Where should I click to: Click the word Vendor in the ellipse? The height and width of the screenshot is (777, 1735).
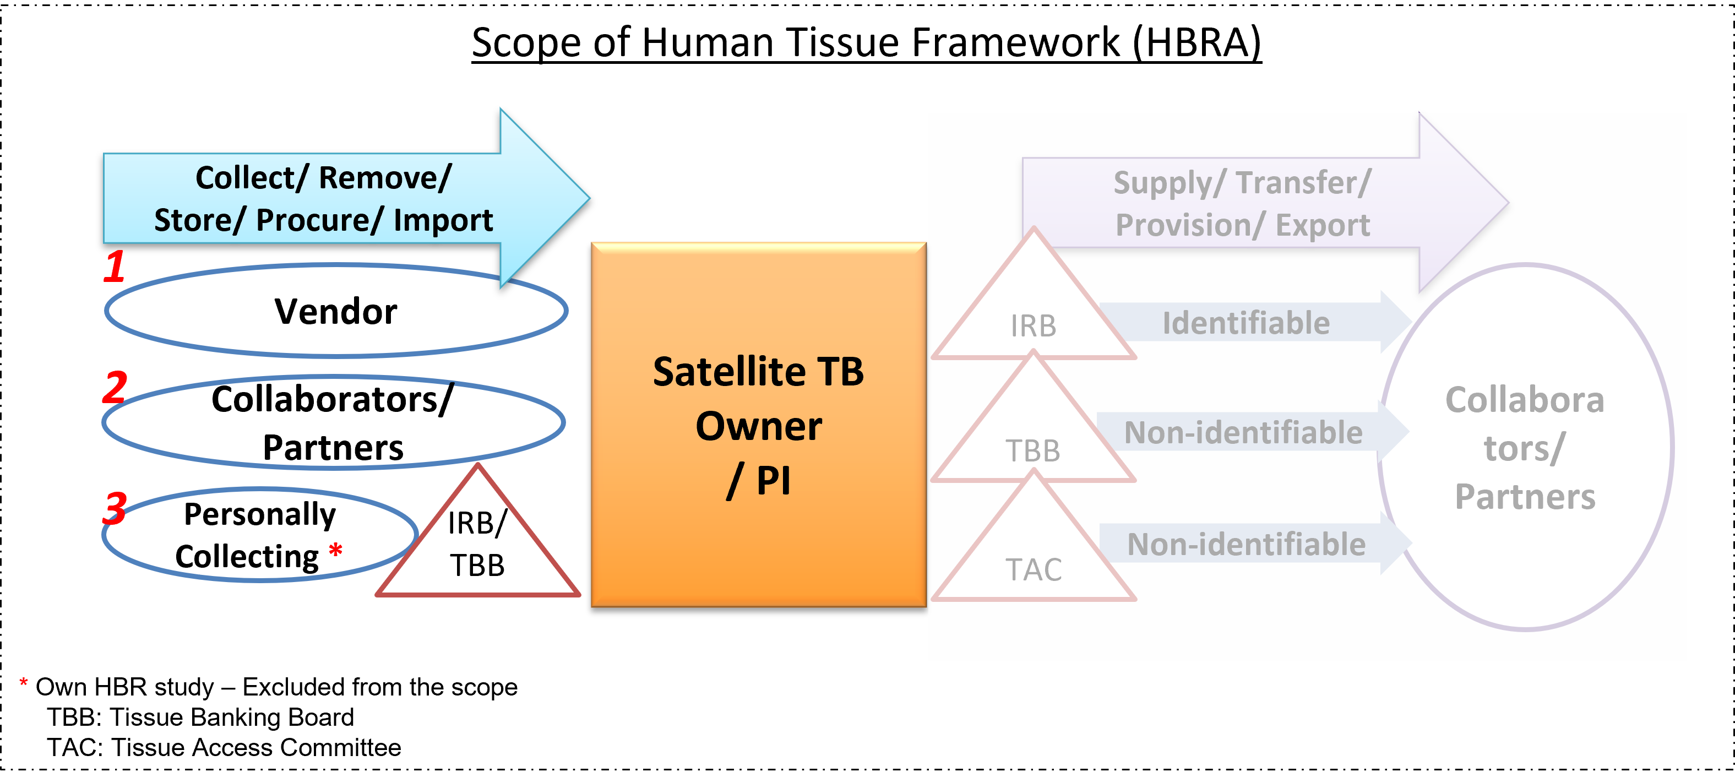tap(335, 312)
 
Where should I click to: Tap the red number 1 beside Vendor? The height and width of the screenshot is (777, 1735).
tap(115, 267)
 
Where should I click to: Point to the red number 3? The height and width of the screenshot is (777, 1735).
tap(115, 508)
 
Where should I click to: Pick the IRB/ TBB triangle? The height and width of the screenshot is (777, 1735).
tap(477, 545)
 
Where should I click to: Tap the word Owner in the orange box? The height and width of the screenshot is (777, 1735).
tap(758, 427)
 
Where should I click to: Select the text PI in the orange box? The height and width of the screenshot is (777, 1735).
tap(773, 481)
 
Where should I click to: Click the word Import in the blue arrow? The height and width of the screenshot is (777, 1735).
tap(443, 221)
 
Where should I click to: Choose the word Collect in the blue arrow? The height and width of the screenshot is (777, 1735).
tap(245, 178)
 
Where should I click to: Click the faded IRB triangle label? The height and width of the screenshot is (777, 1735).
tap(1033, 327)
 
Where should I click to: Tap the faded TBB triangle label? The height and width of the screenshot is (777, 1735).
tap(1033, 451)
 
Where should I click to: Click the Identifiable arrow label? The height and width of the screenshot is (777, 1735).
tap(1246, 323)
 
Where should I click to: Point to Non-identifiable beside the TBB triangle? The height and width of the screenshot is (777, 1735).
tap(1243, 433)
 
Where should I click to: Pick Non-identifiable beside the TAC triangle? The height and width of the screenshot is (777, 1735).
tap(1246, 545)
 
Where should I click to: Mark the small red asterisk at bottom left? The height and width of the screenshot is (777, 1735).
tap(24, 683)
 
